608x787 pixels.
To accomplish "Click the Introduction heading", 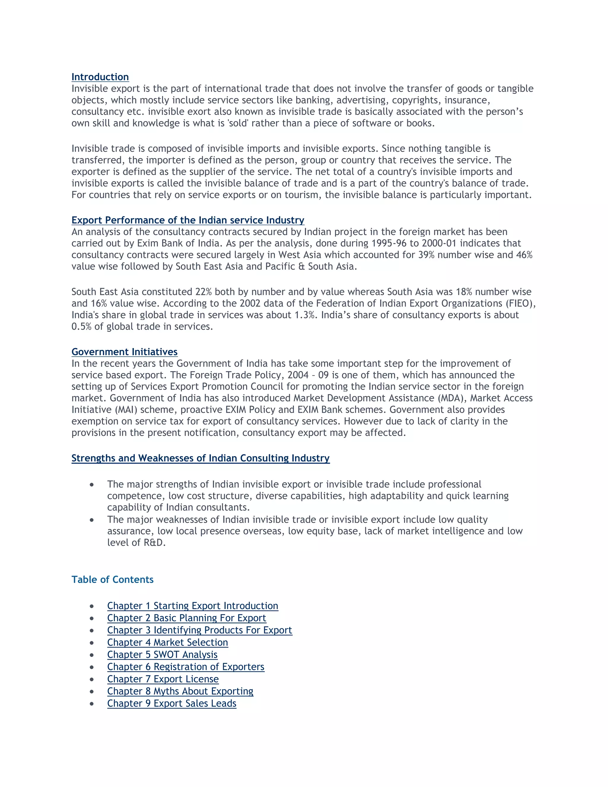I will pos(100,77).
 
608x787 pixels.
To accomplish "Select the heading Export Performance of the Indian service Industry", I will pos(188,220).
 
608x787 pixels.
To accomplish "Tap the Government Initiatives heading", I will pos(124,352).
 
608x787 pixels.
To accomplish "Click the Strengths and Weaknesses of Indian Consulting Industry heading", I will pos(200,458).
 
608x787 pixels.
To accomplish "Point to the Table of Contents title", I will pos(113,579).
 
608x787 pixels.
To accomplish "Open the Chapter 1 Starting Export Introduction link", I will pos(192,606).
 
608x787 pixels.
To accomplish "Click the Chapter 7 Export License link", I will pos(163,679).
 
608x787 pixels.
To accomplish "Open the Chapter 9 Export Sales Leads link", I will pos(172,703).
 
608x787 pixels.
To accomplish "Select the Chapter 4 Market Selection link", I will pos(167,642).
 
